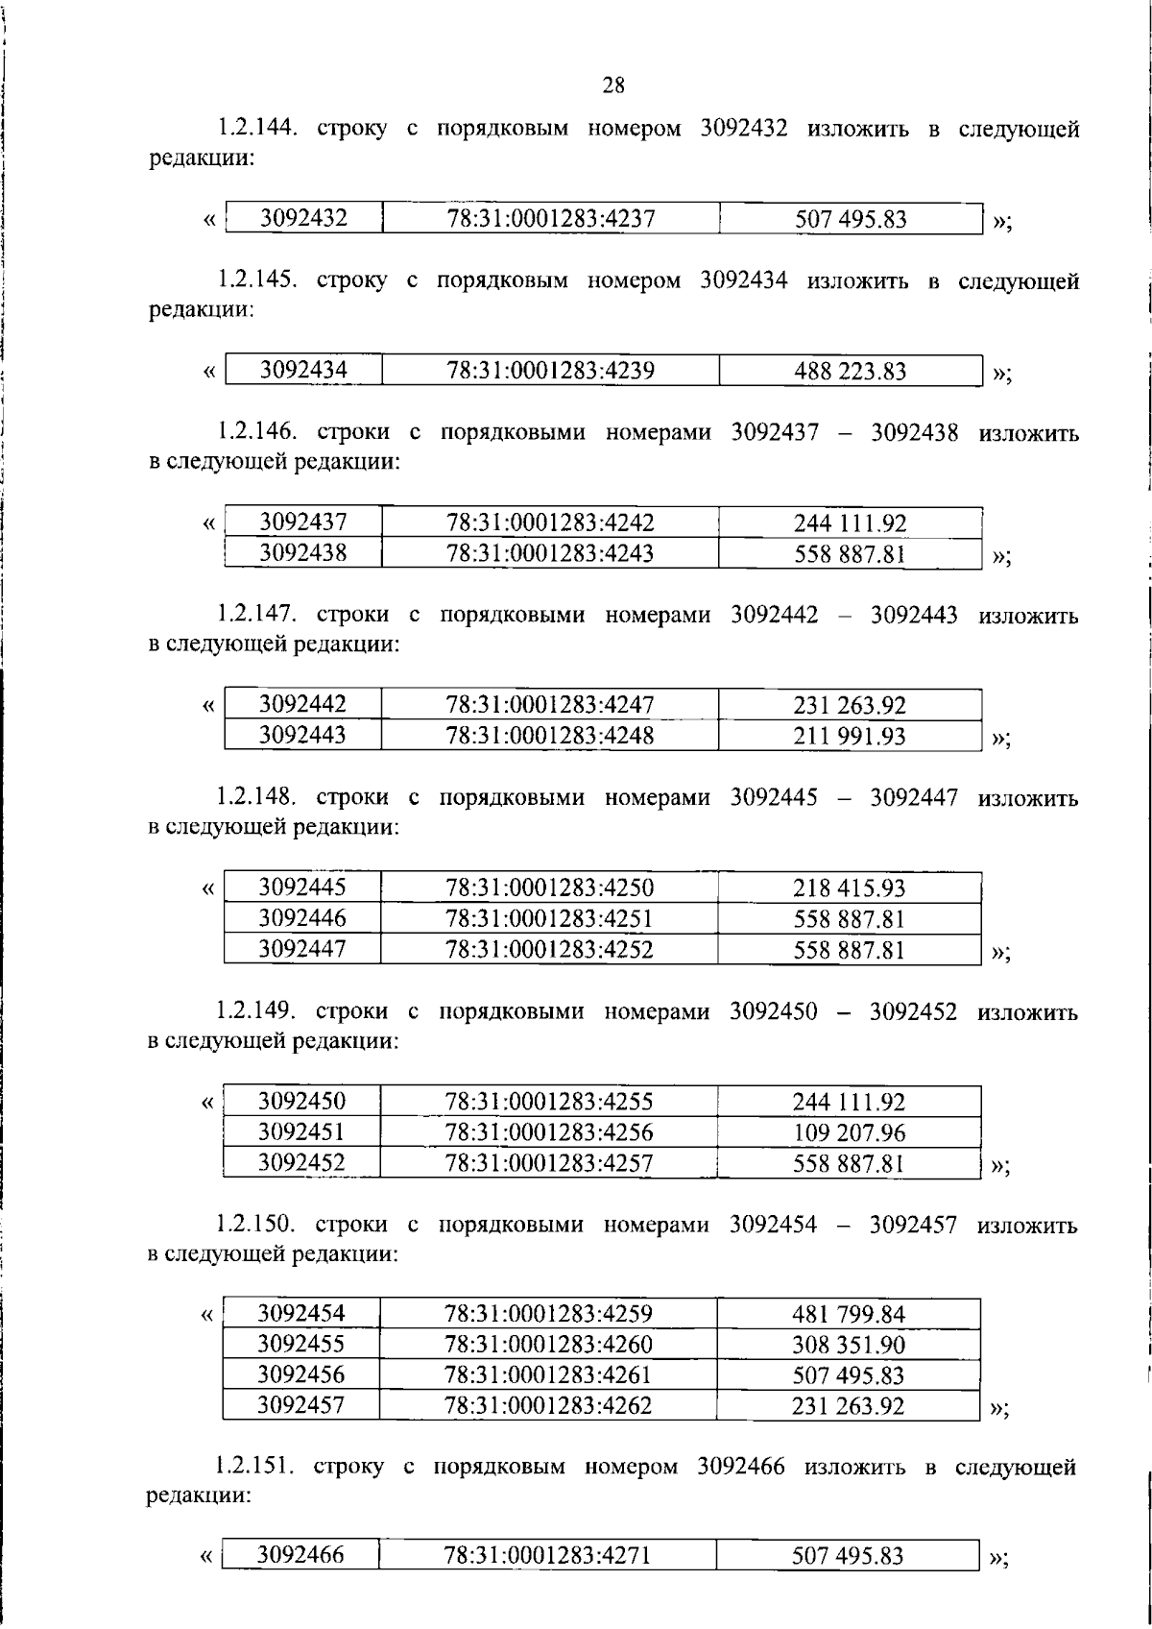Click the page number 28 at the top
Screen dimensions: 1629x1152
pyautogui.click(x=613, y=85)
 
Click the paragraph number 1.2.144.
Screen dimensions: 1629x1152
pyautogui.click(x=256, y=128)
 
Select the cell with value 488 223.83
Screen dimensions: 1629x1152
pyautogui.click(x=850, y=372)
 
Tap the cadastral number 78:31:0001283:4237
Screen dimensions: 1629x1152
pyautogui.click(x=550, y=219)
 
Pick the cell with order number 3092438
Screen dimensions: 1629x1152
pyautogui.click(x=302, y=552)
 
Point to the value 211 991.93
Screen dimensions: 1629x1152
pyautogui.click(x=850, y=737)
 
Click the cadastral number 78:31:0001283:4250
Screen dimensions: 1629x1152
pyautogui.click(x=549, y=887)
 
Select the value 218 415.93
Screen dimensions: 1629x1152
pyautogui.click(x=849, y=888)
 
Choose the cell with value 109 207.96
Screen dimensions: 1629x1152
pyautogui.click(x=849, y=1133)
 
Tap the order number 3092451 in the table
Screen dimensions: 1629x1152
pyautogui.click(x=301, y=1131)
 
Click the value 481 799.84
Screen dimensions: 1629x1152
pyautogui.click(x=849, y=1315)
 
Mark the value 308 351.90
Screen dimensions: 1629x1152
pyautogui.click(x=849, y=1345)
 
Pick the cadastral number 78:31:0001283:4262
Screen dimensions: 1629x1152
pyautogui.click(x=548, y=1406)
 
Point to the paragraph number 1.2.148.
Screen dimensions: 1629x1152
pyautogui.click(x=255, y=797)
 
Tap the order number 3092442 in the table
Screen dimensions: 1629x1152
pyautogui.click(x=302, y=704)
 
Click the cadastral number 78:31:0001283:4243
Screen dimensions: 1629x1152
pyautogui.click(x=549, y=553)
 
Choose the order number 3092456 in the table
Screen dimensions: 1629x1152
pyautogui.click(x=300, y=1374)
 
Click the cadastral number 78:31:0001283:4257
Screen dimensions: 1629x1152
pyautogui.click(x=548, y=1163)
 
